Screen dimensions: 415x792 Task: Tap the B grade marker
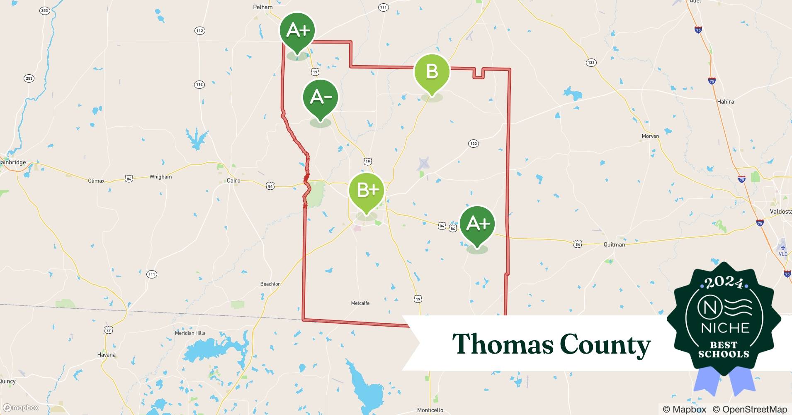tap(432, 72)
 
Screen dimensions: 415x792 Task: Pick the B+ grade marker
tap(367, 190)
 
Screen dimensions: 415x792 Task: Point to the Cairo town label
tap(233, 181)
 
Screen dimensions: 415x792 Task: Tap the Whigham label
tap(160, 177)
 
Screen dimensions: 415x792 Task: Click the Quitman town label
tap(614, 244)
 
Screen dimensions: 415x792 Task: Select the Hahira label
tap(725, 102)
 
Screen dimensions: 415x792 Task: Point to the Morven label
tap(650, 136)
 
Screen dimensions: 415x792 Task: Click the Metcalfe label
tap(360, 303)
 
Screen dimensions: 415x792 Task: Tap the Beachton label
tap(270, 284)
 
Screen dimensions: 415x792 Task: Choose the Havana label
tap(106, 355)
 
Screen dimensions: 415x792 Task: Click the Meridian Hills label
tap(190, 333)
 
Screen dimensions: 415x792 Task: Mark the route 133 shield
tap(591, 63)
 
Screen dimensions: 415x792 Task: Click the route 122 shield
tap(473, 144)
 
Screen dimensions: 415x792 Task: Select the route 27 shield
tap(109, 330)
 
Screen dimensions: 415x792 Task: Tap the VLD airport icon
tap(782, 248)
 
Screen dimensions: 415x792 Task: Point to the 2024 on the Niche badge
tap(724, 283)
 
